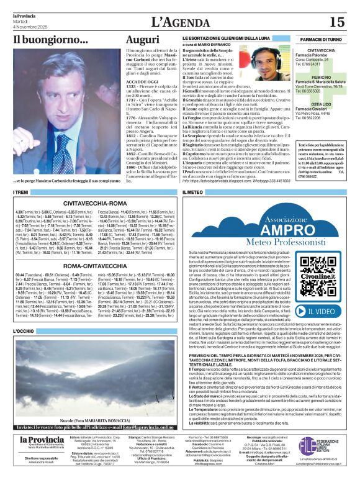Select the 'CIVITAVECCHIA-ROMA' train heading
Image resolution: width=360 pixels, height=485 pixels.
pos(92,202)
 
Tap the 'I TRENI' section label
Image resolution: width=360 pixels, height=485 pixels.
pos(21,193)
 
